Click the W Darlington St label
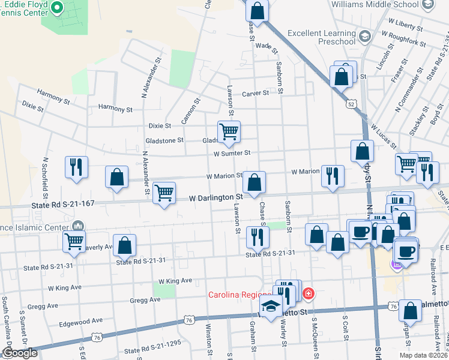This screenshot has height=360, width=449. [215, 197]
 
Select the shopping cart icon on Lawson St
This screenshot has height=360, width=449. [228, 132]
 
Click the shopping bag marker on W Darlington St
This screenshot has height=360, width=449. [254, 182]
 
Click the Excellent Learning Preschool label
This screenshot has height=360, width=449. [321, 37]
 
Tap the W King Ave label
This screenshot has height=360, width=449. [175, 281]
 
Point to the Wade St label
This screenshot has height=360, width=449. [264, 46]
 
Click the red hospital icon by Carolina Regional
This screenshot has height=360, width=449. [308, 293]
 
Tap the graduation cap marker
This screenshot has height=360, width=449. [271, 307]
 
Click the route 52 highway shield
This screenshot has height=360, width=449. [351, 104]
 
